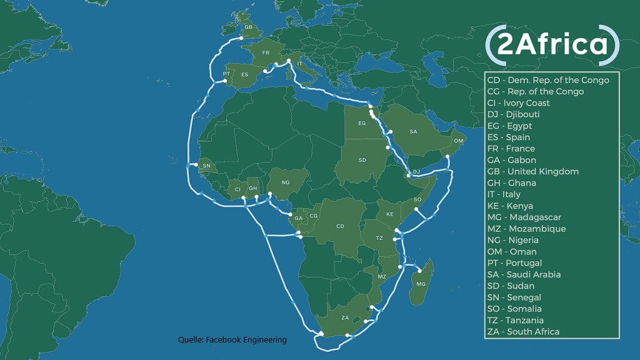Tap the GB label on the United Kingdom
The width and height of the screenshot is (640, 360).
(248, 27)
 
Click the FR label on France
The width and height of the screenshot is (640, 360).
(266, 52)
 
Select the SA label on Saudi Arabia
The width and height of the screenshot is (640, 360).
(413, 132)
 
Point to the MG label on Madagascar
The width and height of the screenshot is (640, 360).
(421, 284)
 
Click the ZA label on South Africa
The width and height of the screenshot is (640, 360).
(345, 317)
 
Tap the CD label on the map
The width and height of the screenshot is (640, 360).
(341, 226)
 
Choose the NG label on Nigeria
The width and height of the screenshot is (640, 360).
(286, 182)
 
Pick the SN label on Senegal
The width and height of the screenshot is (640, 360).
(207, 166)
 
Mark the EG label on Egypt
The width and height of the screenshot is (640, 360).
(362, 124)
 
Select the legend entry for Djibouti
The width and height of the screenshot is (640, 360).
(514, 114)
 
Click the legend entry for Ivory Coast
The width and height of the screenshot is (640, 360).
(519, 102)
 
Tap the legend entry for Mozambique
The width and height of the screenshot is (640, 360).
(526, 229)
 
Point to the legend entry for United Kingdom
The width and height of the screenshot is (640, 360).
(533, 171)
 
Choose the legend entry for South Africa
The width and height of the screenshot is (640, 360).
(523, 331)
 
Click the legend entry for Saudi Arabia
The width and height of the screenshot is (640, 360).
(524, 274)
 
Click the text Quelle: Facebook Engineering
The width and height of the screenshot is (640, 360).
(232, 339)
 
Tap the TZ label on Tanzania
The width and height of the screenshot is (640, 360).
(379, 239)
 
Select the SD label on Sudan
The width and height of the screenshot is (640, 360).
(362, 160)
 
